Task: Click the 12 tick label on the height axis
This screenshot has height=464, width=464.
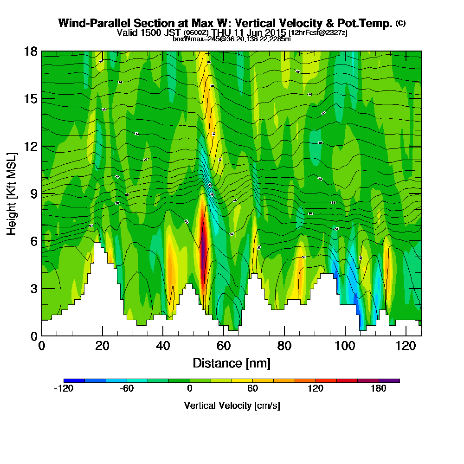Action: click(31, 146)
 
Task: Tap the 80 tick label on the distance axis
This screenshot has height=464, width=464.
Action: click(284, 347)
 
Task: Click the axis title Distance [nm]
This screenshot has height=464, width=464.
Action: click(232, 363)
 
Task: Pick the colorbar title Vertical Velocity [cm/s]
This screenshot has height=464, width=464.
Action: click(232, 406)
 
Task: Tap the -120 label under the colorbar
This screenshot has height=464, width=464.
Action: click(64, 388)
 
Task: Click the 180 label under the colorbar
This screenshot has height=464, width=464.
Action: click(379, 388)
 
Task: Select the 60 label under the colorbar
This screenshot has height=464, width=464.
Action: click(253, 388)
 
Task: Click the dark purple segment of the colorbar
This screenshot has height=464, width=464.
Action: click(389, 380)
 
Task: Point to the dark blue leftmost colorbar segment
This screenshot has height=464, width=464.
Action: click(74, 380)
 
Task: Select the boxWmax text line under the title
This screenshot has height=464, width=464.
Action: click(232, 39)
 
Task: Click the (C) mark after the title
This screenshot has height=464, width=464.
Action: click(400, 23)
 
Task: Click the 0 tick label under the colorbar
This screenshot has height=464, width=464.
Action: click(190, 388)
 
